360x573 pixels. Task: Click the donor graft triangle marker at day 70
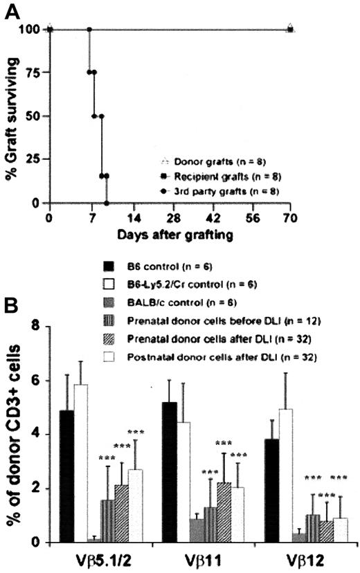(x=290, y=29)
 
